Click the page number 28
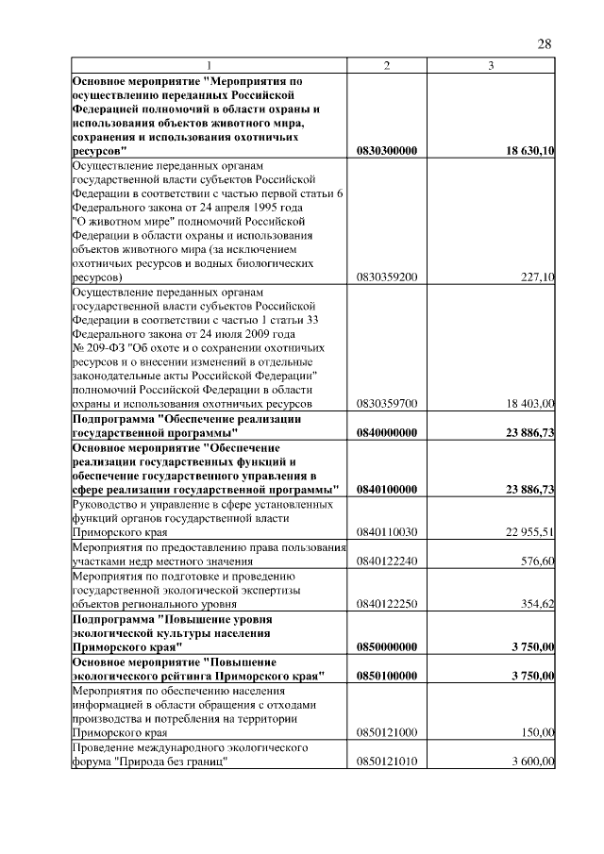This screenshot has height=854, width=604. [545, 43]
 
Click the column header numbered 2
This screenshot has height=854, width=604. [387, 65]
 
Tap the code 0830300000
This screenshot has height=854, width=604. [387, 151]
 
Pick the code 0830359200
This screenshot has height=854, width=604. [387, 278]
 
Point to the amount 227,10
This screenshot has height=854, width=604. [537, 278]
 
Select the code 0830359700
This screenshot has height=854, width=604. [387, 404]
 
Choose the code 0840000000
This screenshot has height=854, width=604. [387, 432]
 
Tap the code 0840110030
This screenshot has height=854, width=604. [387, 533]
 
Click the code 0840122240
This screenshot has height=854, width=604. [387, 561]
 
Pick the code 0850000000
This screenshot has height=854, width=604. [387, 647]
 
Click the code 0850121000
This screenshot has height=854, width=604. [387, 732]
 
